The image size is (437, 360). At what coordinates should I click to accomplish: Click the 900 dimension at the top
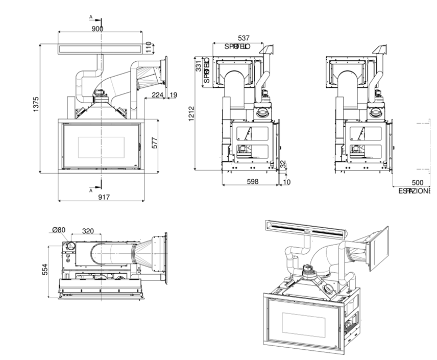pyautogui.click(x=98, y=29)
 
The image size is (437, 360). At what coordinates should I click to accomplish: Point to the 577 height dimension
pyautogui.click(x=154, y=145)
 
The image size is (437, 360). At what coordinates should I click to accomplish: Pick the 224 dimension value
pyautogui.click(x=158, y=94)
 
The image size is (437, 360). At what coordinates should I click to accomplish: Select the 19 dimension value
pyautogui.click(x=174, y=94)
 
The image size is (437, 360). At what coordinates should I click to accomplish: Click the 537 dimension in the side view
pyautogui.click(x=244, y=38)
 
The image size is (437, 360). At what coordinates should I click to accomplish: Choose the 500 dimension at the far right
pyautogui.click(x=417, y=182)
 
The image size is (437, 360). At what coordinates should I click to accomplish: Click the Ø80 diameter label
pyautogui.click(x=59, y=230)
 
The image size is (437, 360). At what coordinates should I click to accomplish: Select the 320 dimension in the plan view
pyautogui.click(x=88, y=231)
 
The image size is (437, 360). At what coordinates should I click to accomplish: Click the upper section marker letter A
pyautogui.click(x=91, y=17)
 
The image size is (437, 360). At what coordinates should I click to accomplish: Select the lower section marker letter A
pyautogui.click(x=91, y=189)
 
